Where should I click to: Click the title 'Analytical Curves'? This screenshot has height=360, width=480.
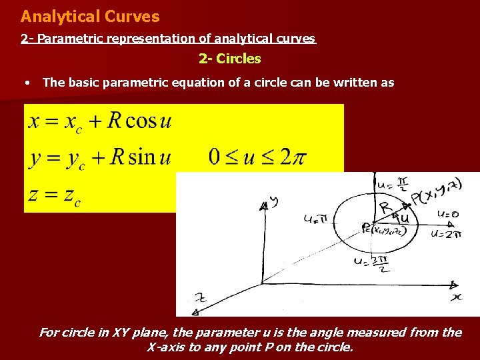pyautogui.click(x=90, y=17)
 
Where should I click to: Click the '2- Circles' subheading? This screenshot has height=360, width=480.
pyautogui.click(x=230, y=59)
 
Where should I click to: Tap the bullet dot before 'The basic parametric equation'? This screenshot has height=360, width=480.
pyautogui.click(x=26, y=83)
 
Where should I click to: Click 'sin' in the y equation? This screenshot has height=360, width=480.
pyautogui.click(x=141, y=157)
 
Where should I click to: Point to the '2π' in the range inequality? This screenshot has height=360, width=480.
pyautogui.click(x=293, y=157)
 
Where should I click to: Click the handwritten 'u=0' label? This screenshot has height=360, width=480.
pyautogui.click(x=447, y=214)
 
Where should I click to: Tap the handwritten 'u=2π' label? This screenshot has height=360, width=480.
pyautogui.click(x=446, y=233)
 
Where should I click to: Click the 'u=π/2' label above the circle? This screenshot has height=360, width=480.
pyautogui.click(x=391, y=183)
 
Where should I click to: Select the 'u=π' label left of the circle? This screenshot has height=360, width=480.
pyautogui.click(x=316, y=218)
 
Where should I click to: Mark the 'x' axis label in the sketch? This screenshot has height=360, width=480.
pyautogui.click(x=457, y=296)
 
